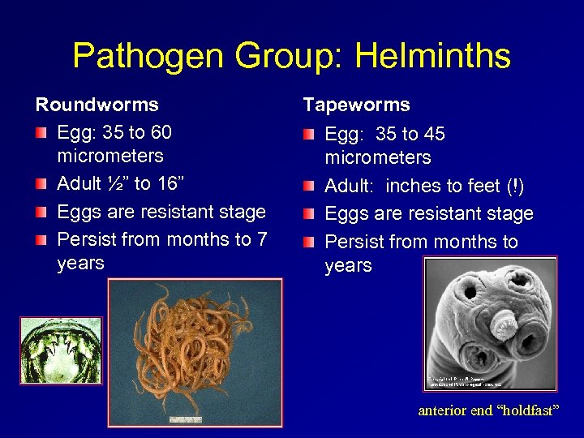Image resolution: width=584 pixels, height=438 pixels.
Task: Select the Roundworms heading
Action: tap(97, 105)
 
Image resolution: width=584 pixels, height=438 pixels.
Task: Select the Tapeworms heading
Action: tap(356, 105)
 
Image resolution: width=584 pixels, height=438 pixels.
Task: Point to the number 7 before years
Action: tap(261, 239)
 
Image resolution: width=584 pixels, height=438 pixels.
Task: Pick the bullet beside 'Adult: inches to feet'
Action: tap(310, 187)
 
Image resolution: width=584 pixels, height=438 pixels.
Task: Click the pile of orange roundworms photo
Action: tap(195, 351)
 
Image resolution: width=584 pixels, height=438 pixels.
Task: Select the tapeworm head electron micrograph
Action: tap(491, 322)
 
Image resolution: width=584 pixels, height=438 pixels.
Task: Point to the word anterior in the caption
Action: tap(441, 410)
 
